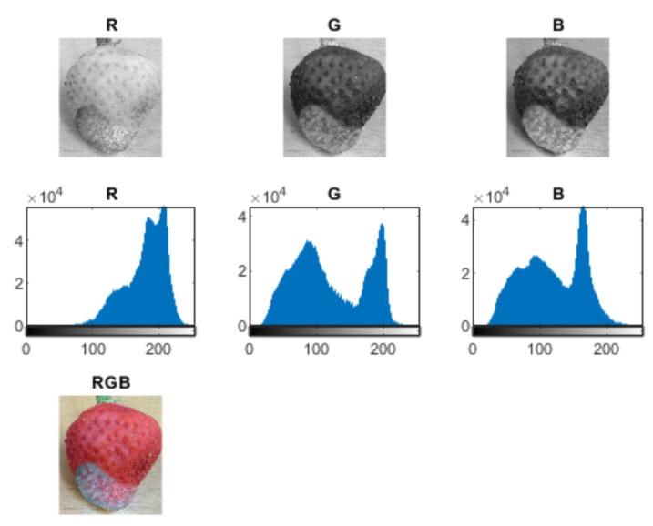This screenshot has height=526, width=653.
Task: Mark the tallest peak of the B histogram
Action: point(583,210)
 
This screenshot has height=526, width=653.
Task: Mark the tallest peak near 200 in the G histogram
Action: point(383,227)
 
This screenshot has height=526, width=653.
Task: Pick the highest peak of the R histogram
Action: point(165,209)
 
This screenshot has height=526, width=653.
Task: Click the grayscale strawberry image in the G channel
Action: point(334,96)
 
